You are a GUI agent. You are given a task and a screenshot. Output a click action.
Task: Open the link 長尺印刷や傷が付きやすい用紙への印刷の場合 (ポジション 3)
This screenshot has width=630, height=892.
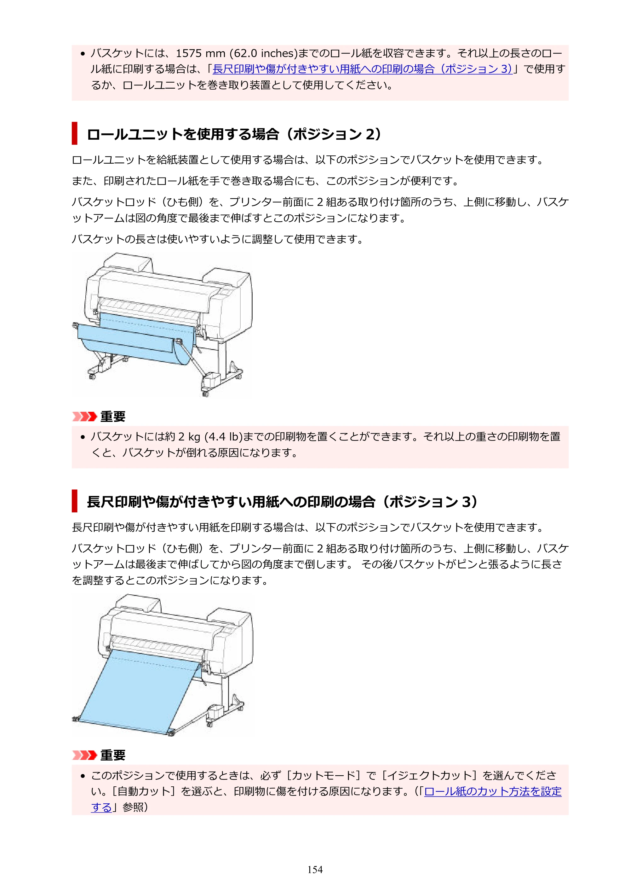point(363,69)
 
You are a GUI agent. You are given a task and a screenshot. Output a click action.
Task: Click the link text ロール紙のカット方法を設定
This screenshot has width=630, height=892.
point(493,791)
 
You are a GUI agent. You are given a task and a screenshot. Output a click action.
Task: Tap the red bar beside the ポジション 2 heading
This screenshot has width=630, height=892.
point(75,133)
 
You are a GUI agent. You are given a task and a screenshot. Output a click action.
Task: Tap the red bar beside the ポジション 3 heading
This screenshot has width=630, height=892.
point(75,501)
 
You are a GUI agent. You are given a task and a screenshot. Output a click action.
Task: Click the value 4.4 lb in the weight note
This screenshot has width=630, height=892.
point(224,437)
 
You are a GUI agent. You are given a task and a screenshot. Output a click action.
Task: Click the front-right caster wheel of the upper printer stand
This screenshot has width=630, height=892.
point(205,394)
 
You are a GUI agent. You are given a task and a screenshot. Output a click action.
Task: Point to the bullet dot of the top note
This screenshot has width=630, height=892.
point(82,54)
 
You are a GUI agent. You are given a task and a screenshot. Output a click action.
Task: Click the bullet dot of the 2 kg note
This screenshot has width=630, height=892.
point(82,437)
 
